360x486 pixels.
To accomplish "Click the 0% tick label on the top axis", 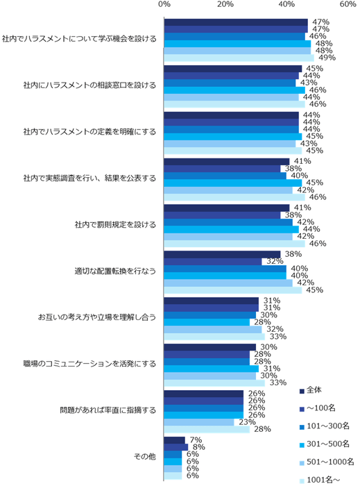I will coord(164,5).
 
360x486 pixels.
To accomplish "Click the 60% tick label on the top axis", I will coord(348,5).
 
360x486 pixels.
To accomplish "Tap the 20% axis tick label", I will coord(225,5).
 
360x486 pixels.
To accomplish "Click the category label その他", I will coord(145,456).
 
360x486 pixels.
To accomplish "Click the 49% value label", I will coord(327,58).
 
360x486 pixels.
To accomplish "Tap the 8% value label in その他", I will coord(198,447).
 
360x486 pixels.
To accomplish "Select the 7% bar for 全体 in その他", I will coord(175,439).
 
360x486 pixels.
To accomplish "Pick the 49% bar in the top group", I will coord(239,58).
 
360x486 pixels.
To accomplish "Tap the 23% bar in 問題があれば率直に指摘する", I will coord(199,421).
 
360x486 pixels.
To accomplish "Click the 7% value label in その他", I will coord(195,439).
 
